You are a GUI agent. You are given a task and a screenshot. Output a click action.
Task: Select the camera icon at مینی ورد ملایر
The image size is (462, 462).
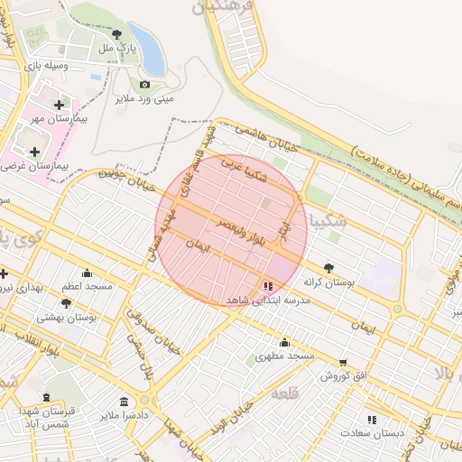tap(144, 85)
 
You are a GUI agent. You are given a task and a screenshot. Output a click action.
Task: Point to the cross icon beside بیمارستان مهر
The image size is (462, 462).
tap(60, 106)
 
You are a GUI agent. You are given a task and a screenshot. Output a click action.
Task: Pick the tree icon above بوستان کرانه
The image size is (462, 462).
tap(328, 268)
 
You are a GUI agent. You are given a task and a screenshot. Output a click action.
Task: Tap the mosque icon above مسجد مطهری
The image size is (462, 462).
tap(285, 342)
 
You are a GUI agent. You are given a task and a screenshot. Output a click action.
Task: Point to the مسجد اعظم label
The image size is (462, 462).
tap(87, 286)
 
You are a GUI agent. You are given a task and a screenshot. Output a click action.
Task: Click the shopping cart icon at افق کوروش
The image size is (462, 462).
tap(342, 362)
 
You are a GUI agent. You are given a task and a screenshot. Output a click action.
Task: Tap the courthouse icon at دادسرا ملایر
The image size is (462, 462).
tap(124, 402)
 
